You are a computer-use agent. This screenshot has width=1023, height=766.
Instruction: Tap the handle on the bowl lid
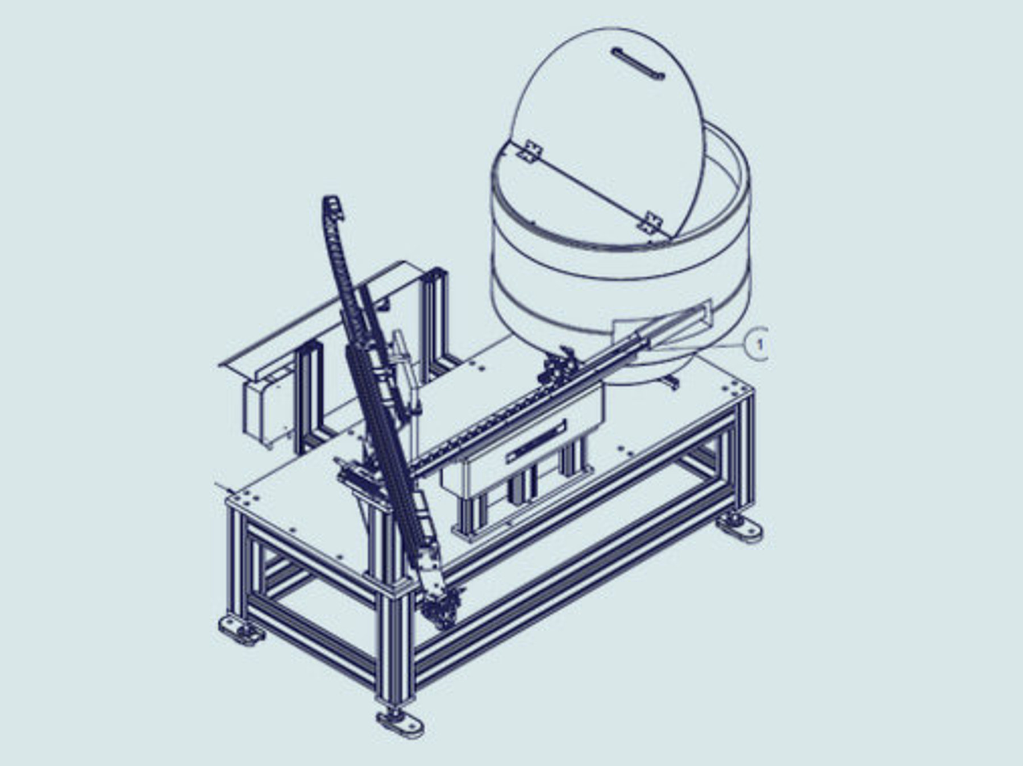tap(638, 64)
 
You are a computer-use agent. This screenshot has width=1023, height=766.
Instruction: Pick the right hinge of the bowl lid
tap(650, 223)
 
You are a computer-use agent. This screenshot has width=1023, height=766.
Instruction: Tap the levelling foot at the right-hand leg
tap(739, 527)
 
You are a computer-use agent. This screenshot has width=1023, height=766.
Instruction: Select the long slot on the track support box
tap(537, 440)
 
